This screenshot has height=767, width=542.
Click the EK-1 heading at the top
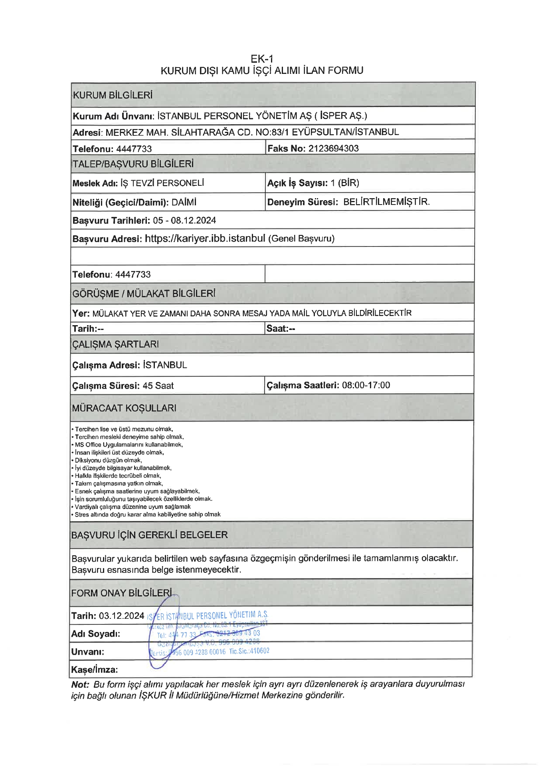point(262,59)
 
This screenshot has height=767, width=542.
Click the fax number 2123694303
point(334,149)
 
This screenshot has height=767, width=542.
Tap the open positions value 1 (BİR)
point(345,183)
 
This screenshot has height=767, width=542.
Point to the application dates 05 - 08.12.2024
point(184,221)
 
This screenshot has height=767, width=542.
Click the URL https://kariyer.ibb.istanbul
point(205,238)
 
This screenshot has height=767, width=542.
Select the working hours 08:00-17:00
point(366,385)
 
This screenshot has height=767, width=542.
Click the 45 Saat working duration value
point(158,386)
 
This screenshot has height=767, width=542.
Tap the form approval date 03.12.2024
point(121,616)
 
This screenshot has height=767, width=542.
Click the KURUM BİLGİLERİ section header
point(113,95)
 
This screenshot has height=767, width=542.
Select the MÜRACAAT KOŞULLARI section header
point(124,408)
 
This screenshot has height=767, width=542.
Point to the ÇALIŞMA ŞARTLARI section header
point(115,344)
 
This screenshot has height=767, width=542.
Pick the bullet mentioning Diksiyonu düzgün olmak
point(108,460)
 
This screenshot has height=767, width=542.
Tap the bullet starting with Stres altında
point(147,515)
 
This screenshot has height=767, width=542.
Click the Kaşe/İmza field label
point(95,670)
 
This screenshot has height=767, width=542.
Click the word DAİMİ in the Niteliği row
point(184,203)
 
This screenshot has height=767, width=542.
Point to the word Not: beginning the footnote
point(80,685)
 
